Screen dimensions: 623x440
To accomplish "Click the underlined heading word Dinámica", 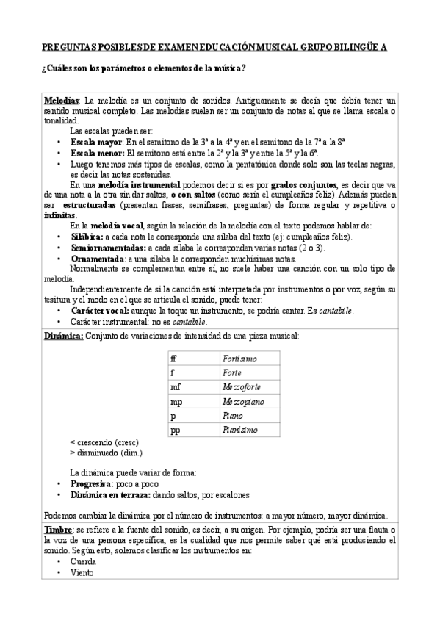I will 63,336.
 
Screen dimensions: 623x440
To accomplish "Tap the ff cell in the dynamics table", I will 173,359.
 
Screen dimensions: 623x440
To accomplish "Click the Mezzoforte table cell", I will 242,387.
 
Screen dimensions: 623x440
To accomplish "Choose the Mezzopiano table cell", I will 242,402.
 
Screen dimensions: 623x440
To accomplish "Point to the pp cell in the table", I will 175,431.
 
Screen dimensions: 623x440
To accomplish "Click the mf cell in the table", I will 175,387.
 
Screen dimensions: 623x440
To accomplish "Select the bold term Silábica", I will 87,237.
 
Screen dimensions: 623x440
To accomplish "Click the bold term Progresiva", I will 91,485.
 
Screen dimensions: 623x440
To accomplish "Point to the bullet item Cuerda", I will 83,561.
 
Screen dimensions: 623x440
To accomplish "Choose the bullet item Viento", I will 82,573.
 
